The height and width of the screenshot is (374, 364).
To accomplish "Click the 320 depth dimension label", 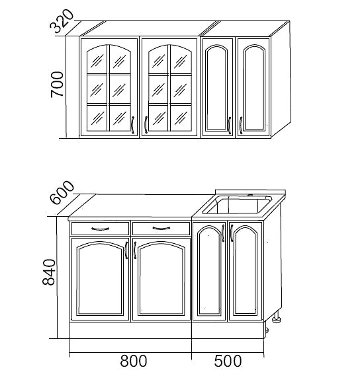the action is pyautogui.click(x=62, y=21).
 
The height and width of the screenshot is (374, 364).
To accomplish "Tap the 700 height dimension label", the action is pyautogui.click(x=58, y=84).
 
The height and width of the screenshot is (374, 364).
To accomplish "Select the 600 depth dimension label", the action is pyautogui.click(x=62, y=192).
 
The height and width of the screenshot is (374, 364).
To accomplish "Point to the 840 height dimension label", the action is pyautogui.click(x=49, y=272).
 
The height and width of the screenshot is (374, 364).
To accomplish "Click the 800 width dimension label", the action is pyautogui.click(x=133, y=361).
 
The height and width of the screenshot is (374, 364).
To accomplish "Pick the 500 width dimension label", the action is pyautogui.click(x=228, y=361).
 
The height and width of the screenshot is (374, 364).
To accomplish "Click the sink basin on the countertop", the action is pyautogui.click(x=237, y=205).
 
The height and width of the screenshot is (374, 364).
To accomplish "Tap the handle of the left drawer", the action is pyautogui.click(x=101, y=229).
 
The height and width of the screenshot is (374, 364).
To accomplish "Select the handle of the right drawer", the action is pyautogui.click(x=161, y=229).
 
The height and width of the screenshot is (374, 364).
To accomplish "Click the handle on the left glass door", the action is pyautogui.click(x=132, y=125).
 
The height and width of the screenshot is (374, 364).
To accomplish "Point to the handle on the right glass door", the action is pyautogui.click(x=146, y=125).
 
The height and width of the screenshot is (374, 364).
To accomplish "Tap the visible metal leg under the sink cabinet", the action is pyautogui.click(x=277, y=317).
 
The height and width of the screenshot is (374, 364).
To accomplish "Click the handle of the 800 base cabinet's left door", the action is pyautogui.click(x=126, y=250).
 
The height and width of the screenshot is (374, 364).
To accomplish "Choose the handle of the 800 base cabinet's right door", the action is pyautogui.click(x=135, y=250).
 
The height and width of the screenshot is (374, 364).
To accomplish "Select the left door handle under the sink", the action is pyautogui.click(x=223, y=233).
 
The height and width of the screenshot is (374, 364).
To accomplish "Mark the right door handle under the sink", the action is pyautogui.click(x=232, y=233).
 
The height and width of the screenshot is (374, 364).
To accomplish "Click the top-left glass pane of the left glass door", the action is pyautogui.click(x=97, y=59).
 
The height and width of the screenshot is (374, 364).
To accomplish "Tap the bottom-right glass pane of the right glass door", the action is pyautogui.click(x=181, y=118).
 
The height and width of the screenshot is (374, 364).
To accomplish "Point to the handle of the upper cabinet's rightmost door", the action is pyautogui.click(x=241, y=126).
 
